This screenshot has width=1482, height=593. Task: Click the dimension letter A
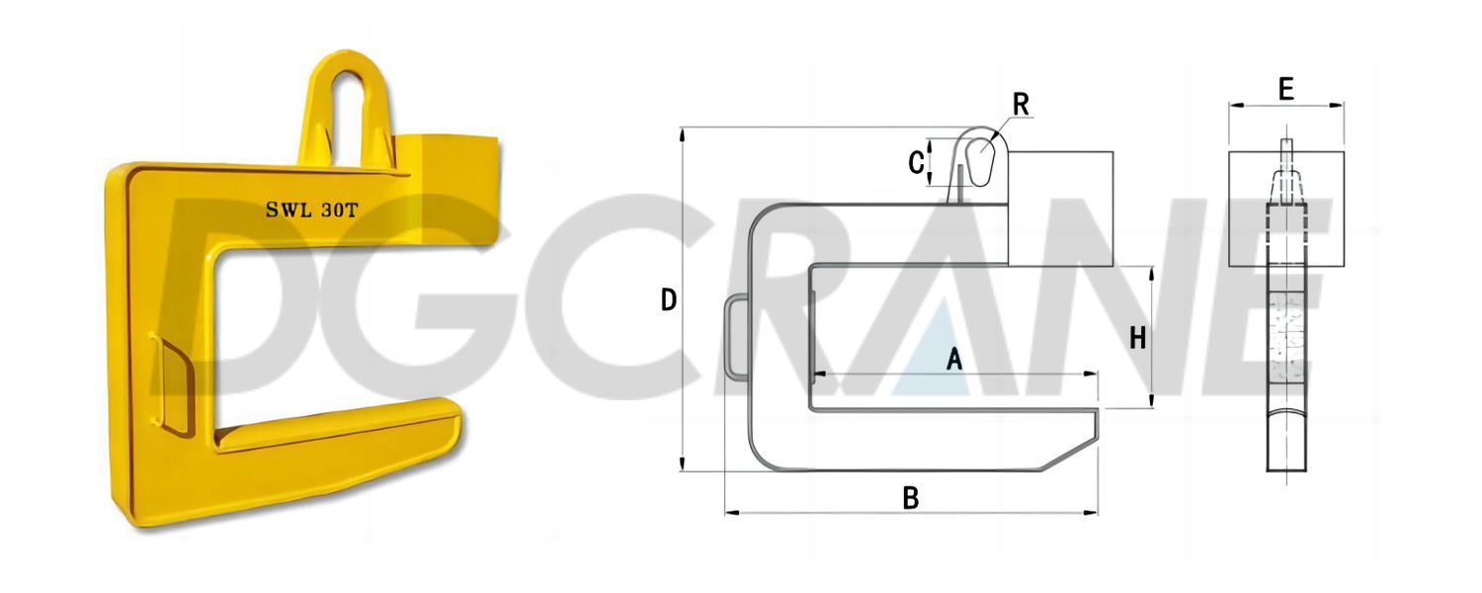tap(954, 360)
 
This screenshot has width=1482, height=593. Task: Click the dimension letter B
tap(911, 498)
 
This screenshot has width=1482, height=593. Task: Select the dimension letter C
tap(916, 161)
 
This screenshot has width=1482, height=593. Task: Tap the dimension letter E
tap(1285, 90)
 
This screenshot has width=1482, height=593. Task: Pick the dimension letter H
tap(1138, 338)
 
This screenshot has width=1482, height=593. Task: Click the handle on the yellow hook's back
tap(171, 385)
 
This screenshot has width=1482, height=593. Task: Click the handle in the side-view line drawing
tap(736, 336)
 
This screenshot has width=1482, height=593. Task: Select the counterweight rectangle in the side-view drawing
tap(1060, 208)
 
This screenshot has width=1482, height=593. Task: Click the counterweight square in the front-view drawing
tap(1285, 210)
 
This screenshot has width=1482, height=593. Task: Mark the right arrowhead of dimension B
tap(1095, 513)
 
